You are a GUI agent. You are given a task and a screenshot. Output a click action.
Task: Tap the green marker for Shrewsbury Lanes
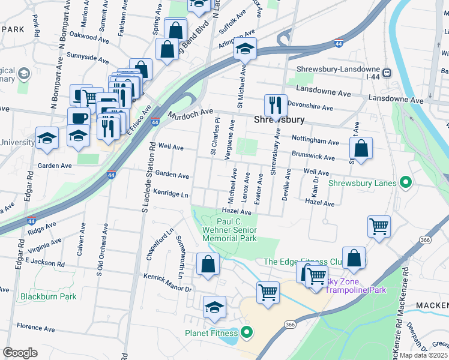[405, 182]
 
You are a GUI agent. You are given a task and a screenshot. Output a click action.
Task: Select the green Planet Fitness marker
[246, 332]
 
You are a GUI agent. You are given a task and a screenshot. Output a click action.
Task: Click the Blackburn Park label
[48, 296]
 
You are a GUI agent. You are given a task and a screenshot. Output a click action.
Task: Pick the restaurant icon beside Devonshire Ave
[276, 105]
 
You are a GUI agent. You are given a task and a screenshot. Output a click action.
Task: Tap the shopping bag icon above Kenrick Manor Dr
[208, 265]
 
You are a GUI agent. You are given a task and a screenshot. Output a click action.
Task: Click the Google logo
[20, 353]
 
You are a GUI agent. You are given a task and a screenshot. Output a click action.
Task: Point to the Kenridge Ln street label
[170, 194]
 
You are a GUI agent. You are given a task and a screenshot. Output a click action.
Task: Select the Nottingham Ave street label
[315, 140]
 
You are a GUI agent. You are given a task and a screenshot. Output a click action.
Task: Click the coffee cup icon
[78, 118]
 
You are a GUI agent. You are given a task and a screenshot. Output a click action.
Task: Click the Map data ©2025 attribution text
[423, 355]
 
